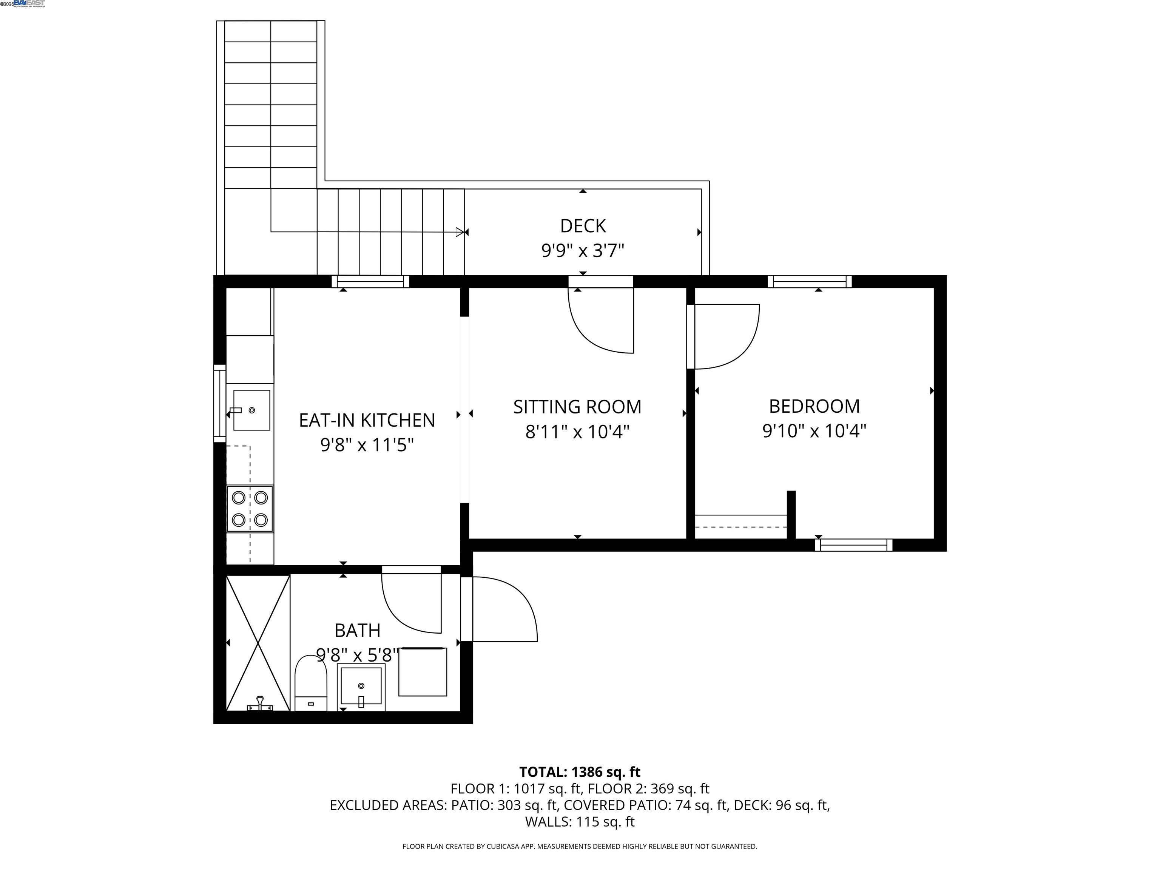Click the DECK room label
point(583,226)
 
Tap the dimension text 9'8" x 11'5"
point(367,445)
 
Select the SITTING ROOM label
point(577,407)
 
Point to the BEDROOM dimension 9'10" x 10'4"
point(814,431)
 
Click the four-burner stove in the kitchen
point(250,509)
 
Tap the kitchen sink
point(251,410)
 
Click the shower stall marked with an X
point(258,643)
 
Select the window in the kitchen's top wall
point(370,282)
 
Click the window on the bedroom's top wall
point(810,282)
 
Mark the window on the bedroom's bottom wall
point(853,545)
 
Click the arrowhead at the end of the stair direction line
point(460,232)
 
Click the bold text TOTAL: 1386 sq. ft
point(580,772)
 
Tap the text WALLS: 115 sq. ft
point(580,822)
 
